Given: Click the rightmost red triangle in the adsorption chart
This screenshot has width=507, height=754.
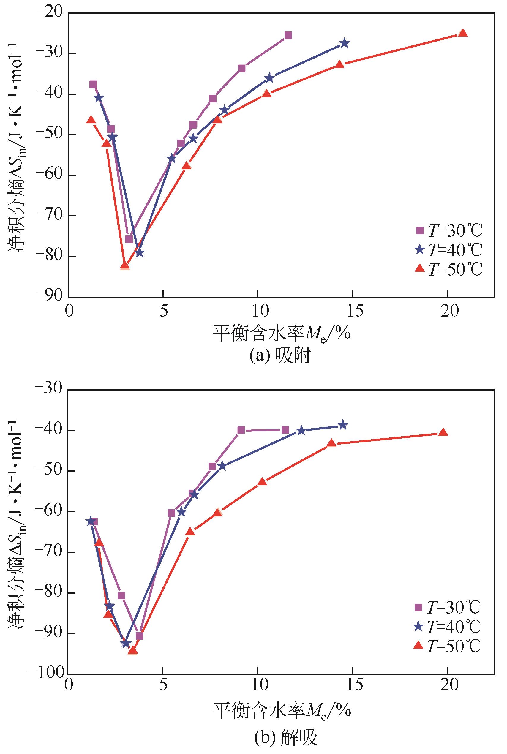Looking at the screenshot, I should (463, 33).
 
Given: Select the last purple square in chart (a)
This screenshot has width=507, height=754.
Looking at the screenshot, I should (288, 35).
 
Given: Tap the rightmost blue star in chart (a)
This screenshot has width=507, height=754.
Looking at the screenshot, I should (344, 43).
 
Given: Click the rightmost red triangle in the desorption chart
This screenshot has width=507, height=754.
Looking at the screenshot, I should (443, 433).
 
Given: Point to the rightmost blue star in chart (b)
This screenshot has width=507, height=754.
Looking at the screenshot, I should (343, 425).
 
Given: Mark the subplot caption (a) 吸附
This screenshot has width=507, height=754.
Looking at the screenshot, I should (281, 356).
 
